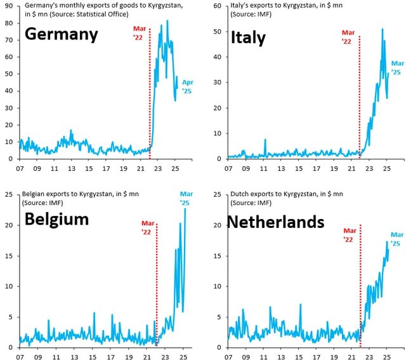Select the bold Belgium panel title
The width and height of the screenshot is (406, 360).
click(x=56, y=220)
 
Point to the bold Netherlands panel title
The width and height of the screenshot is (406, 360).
click(x=275, y=222)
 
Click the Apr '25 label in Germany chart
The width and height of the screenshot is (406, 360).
click(x=187, y=87)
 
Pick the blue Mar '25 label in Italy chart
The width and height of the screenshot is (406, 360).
click(x=397, y=67)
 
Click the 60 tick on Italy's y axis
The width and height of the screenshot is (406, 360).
click(x=216, y=6)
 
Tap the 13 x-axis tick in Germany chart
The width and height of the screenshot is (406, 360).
click(x=72, y=170)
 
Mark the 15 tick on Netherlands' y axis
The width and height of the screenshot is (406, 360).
click(x=216, y=256)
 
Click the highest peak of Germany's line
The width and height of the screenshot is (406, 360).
click(x=167, y=20)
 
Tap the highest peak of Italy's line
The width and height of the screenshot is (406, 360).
click(x=383, y=29)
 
